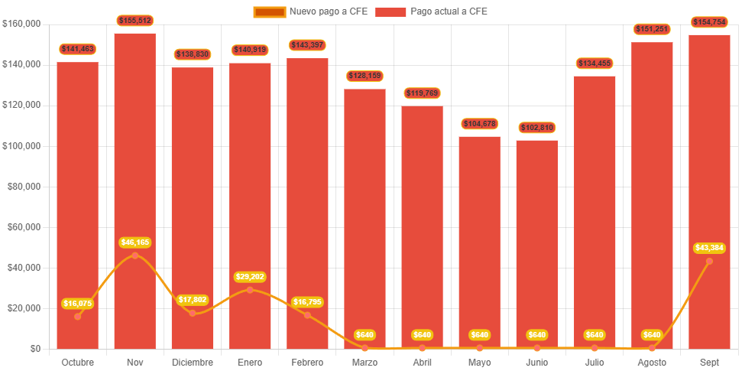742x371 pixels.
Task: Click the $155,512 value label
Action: tap(135, 21)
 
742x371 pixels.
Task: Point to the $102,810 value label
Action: tap(537, 127)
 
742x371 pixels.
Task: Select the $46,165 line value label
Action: tap(135, 242)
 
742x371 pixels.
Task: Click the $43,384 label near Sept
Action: tap(709, 248)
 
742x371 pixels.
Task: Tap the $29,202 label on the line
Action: tap(250, 277)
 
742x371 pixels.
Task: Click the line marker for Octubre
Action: tap(77, 316)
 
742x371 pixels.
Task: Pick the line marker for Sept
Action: tap(709, 261)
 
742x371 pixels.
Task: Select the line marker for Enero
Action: tap(250, 289)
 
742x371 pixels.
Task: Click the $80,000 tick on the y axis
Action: tap(24, 187)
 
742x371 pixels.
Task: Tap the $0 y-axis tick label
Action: tap(35, 349)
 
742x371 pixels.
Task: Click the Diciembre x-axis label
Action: tap(193, 362)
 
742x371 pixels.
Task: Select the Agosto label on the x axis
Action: tap(652, 362)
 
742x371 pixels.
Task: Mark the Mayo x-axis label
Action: tap(479, 362)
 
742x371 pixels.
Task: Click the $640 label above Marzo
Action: tap(365, 335)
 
